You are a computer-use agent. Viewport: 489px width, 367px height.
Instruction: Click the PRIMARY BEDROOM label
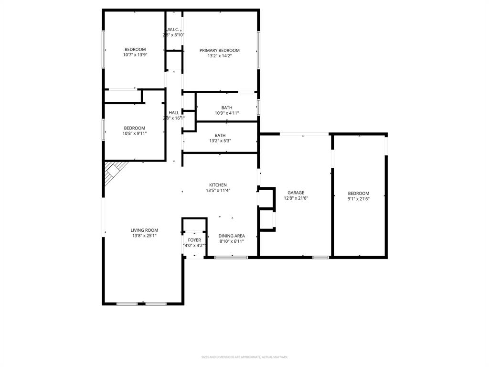[x=220, y=50]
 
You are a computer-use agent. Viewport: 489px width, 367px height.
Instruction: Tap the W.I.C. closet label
[x=173, y=29]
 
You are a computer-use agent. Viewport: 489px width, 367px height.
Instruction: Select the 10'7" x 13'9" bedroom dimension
[x=135, y=55]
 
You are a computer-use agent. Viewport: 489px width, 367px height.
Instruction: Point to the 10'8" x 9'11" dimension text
[x=135, y=133]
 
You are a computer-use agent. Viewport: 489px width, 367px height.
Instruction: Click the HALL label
[x=174, y=113]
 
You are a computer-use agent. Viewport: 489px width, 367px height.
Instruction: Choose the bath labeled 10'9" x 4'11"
[x=227, y=108]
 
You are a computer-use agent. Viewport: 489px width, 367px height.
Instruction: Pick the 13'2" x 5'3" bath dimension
[x=220, y=141]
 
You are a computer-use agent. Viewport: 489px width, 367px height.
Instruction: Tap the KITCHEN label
[x=218, y=185]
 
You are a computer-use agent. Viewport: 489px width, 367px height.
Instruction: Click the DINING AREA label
[x=232, y=236]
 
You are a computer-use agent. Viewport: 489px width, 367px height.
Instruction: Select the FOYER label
[x=194, y=240]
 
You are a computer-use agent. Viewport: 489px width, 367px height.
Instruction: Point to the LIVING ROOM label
[x=144, y=230]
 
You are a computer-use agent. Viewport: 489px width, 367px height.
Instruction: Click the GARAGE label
[x=296, y=193]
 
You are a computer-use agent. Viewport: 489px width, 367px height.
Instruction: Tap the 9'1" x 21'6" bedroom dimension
[x=359, y=199]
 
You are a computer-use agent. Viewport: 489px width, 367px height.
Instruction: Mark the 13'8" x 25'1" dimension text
[x=144, y=236]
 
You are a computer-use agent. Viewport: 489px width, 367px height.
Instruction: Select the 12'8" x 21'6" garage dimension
[x=296, y=198]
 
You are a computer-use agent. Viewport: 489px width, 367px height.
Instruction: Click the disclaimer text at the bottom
[x=244, y=357]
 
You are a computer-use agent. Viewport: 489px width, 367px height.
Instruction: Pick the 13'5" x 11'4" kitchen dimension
[x=218, y=191]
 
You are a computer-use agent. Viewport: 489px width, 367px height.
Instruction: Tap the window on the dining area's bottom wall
[x=231, y=258]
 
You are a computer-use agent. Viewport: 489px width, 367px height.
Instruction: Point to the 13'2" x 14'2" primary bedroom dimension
[x=220, y=56]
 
